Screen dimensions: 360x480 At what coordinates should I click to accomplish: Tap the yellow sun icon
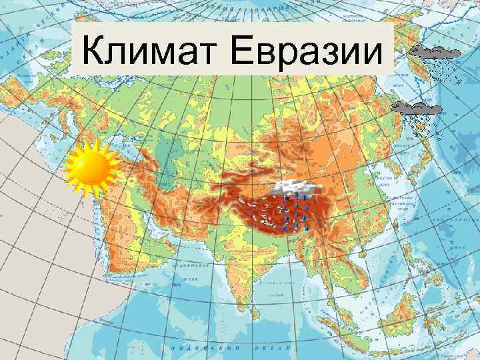[x=91, y=167]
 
